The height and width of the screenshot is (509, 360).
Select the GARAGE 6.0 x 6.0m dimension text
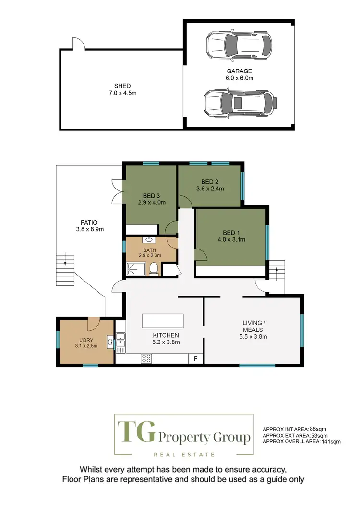tap(239, 78)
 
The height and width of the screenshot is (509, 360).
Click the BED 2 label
tap(210, 181)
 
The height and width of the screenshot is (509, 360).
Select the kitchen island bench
tap(163, 320)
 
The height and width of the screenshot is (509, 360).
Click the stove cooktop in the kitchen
tap(146, 358)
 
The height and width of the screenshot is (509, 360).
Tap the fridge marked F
tap(195, 358)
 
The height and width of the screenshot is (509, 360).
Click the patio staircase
tap(66, 270)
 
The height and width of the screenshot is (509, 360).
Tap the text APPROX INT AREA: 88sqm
tap(295, 429)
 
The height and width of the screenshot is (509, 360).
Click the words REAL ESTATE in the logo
tap(183, 454)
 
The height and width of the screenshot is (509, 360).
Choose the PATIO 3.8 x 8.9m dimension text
tap(89, 229)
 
